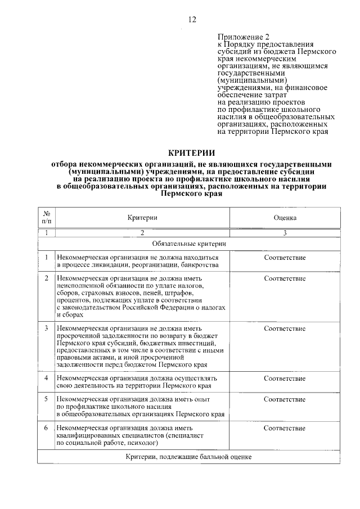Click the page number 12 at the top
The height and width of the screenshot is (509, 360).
pos(192,20)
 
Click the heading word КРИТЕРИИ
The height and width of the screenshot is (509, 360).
pos(192,152)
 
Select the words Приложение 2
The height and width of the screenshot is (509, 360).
pos(240,35)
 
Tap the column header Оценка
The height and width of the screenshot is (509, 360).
pos(285,217)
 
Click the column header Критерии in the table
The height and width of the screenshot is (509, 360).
pos(142,217)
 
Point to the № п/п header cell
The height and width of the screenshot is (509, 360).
pos(47,217)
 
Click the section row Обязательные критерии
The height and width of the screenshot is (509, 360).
pos(189,244)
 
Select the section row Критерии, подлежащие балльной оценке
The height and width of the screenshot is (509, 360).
pos(189,457)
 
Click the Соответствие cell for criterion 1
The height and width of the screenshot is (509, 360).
pos(285,258)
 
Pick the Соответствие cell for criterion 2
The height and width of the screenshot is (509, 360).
pos(285,278)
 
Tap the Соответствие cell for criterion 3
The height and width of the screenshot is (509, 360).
pos(285,328)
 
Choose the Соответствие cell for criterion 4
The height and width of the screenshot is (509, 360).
pos(285,378)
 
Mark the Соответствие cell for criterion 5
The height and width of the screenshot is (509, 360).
pos(285,399)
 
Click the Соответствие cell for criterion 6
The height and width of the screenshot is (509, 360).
pos(285,429)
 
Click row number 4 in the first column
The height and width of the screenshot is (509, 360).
pos(47,378)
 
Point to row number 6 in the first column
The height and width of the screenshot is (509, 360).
pos(47,429)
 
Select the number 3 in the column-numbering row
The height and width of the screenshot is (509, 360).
pos(285,232)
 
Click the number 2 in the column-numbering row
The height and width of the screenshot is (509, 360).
pos(142,232)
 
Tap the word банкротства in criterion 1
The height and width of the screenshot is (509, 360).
pos(194,265)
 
